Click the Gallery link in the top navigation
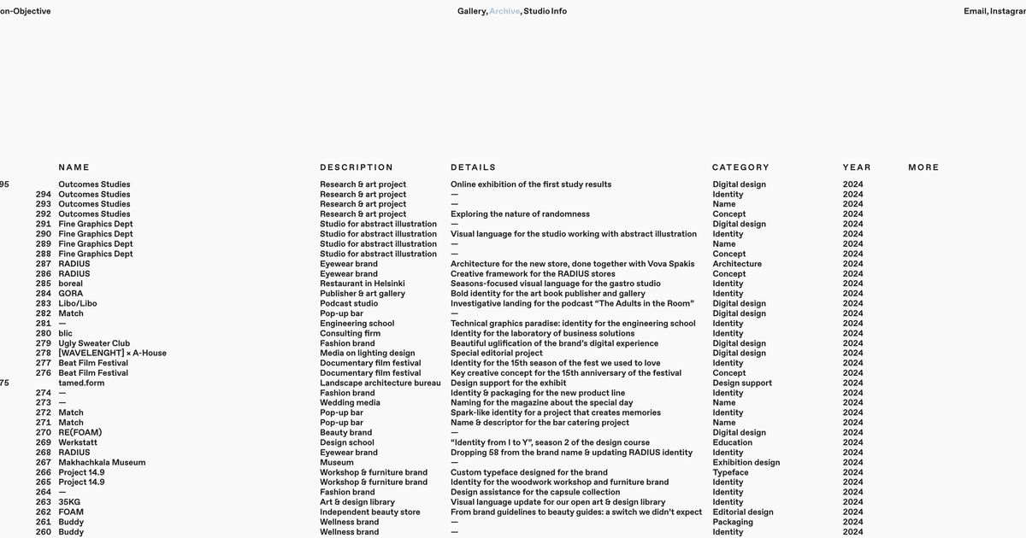[471, 11]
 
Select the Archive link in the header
[504, 11]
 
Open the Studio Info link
[545, 11]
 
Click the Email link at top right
[975, 11]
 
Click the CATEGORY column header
[740, 167]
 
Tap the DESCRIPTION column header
[357, 167]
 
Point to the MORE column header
[923, 167]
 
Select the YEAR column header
[857, 167]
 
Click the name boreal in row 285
[71, 284]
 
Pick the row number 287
[44, 264]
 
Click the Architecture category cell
[737, 264]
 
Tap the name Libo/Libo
[78, 303]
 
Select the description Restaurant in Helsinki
[363, 284]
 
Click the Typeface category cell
[730, 472]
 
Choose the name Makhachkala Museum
[102, 463]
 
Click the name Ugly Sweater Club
[94, 343]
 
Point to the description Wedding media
[350, 403]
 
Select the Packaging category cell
[733, 522]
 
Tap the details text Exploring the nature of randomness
[520, 214]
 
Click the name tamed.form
[81, 383]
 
